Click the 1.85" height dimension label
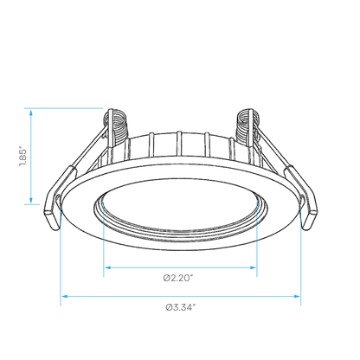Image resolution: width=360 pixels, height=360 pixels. (x=23, y=157)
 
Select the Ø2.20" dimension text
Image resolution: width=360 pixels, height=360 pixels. (x=178, y=278)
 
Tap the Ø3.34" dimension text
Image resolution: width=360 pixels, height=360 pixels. (x=181, y=307)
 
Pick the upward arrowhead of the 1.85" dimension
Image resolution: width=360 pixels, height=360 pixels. (x=31, y=112)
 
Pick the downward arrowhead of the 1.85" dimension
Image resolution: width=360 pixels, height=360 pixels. (x=31, y=200)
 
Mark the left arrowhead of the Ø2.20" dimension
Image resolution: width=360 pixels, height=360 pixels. (x=108, y=267)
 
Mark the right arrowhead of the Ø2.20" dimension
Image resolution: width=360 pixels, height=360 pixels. (x=253, y=267)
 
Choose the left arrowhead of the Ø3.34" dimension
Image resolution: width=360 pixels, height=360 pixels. (x=65, y=296)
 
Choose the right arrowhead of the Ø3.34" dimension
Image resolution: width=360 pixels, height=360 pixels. (x=297, y=296)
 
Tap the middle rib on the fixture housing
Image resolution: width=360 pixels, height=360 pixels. (x=179, y=145)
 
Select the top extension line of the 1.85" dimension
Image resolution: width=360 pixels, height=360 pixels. (x=63, y=108)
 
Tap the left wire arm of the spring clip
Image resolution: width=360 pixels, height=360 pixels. (x=89, y=149)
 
